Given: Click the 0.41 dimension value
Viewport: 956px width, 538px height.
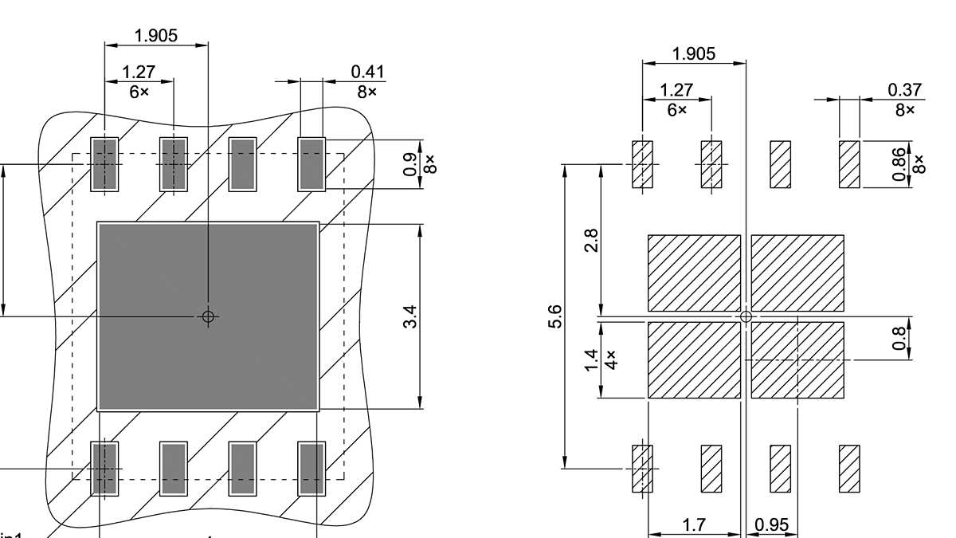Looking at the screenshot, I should pyautogui.click(x=367, y=73).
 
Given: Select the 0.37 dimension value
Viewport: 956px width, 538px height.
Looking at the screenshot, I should pyautogui.click(x=905, y=90).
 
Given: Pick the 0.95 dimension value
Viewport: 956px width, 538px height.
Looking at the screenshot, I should pyautogui.click(x=771, y=524).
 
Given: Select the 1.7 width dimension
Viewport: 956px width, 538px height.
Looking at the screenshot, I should pyautogui.click(x=695, y=524).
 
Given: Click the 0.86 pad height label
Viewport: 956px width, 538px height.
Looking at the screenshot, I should pyautogui.click(x=900, y=164).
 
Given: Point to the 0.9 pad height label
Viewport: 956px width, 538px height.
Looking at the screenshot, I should pyautogui.click(x=410, y=164).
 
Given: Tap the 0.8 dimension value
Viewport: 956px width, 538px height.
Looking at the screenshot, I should pyautogui.click(x=900, y=337).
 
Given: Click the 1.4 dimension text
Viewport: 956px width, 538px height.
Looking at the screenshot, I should pyautogui.click(x=590, y=359).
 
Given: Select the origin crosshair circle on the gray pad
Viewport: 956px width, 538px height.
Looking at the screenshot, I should pyautogui.click(x=208, y=316).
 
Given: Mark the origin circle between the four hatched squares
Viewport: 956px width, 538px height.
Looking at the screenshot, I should pyautogui.click(x=746, y=316).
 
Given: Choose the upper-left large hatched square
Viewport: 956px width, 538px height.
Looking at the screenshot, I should pyautogui.click(x=694, y=273).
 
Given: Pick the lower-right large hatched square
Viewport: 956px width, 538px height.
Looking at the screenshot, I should pyautogui.click(x=797, y=359).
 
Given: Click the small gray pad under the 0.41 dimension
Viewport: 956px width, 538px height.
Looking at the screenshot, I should pyautogui.click(x=311, y=164).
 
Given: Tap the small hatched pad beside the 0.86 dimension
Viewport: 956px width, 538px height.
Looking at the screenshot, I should pyautogui.click(x=849, y=164).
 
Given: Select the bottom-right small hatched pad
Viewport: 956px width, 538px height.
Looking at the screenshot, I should pyautogui.click(x=849, y=469).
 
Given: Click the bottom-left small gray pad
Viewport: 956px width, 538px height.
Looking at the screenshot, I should pyautogui.click(x=104, y=469).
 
